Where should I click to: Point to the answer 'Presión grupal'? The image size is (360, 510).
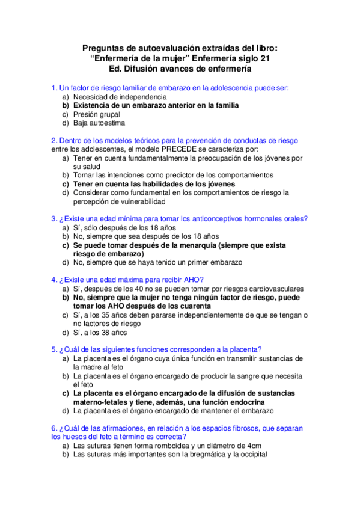(x=97, y=114)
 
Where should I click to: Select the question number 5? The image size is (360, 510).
(x=54, y=349)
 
